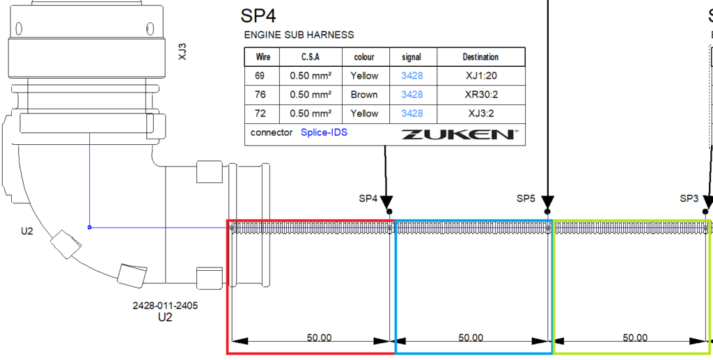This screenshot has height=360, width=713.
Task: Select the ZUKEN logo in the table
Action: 459,134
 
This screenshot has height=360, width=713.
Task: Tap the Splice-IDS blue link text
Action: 324,132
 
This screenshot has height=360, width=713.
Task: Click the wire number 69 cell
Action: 262,76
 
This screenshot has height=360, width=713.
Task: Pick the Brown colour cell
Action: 364,95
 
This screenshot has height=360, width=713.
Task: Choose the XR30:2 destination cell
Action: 481,95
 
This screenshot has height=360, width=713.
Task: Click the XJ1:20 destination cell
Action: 481,76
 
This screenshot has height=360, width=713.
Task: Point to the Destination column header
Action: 481,57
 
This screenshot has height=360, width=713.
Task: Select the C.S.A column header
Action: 310,57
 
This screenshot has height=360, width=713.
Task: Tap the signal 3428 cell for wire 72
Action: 412,114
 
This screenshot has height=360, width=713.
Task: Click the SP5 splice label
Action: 526,198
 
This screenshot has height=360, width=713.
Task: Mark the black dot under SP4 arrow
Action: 390,211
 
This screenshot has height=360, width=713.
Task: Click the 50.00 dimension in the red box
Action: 319,338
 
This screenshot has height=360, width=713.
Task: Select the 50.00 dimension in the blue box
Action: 471,338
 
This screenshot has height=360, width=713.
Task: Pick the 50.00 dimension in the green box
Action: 634,338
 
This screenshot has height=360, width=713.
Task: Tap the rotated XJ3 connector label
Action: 182,52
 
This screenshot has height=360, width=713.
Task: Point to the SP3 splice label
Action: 689,198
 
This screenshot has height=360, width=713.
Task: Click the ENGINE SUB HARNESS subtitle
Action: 299,35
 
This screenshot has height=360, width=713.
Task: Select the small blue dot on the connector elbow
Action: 90,227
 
